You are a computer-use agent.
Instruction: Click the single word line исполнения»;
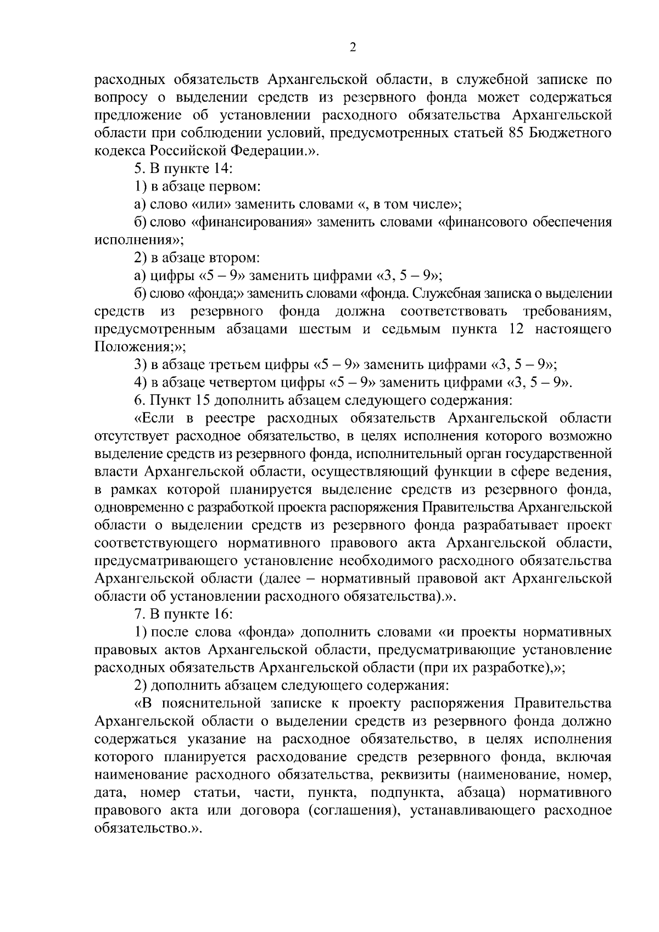pos(139,240)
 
